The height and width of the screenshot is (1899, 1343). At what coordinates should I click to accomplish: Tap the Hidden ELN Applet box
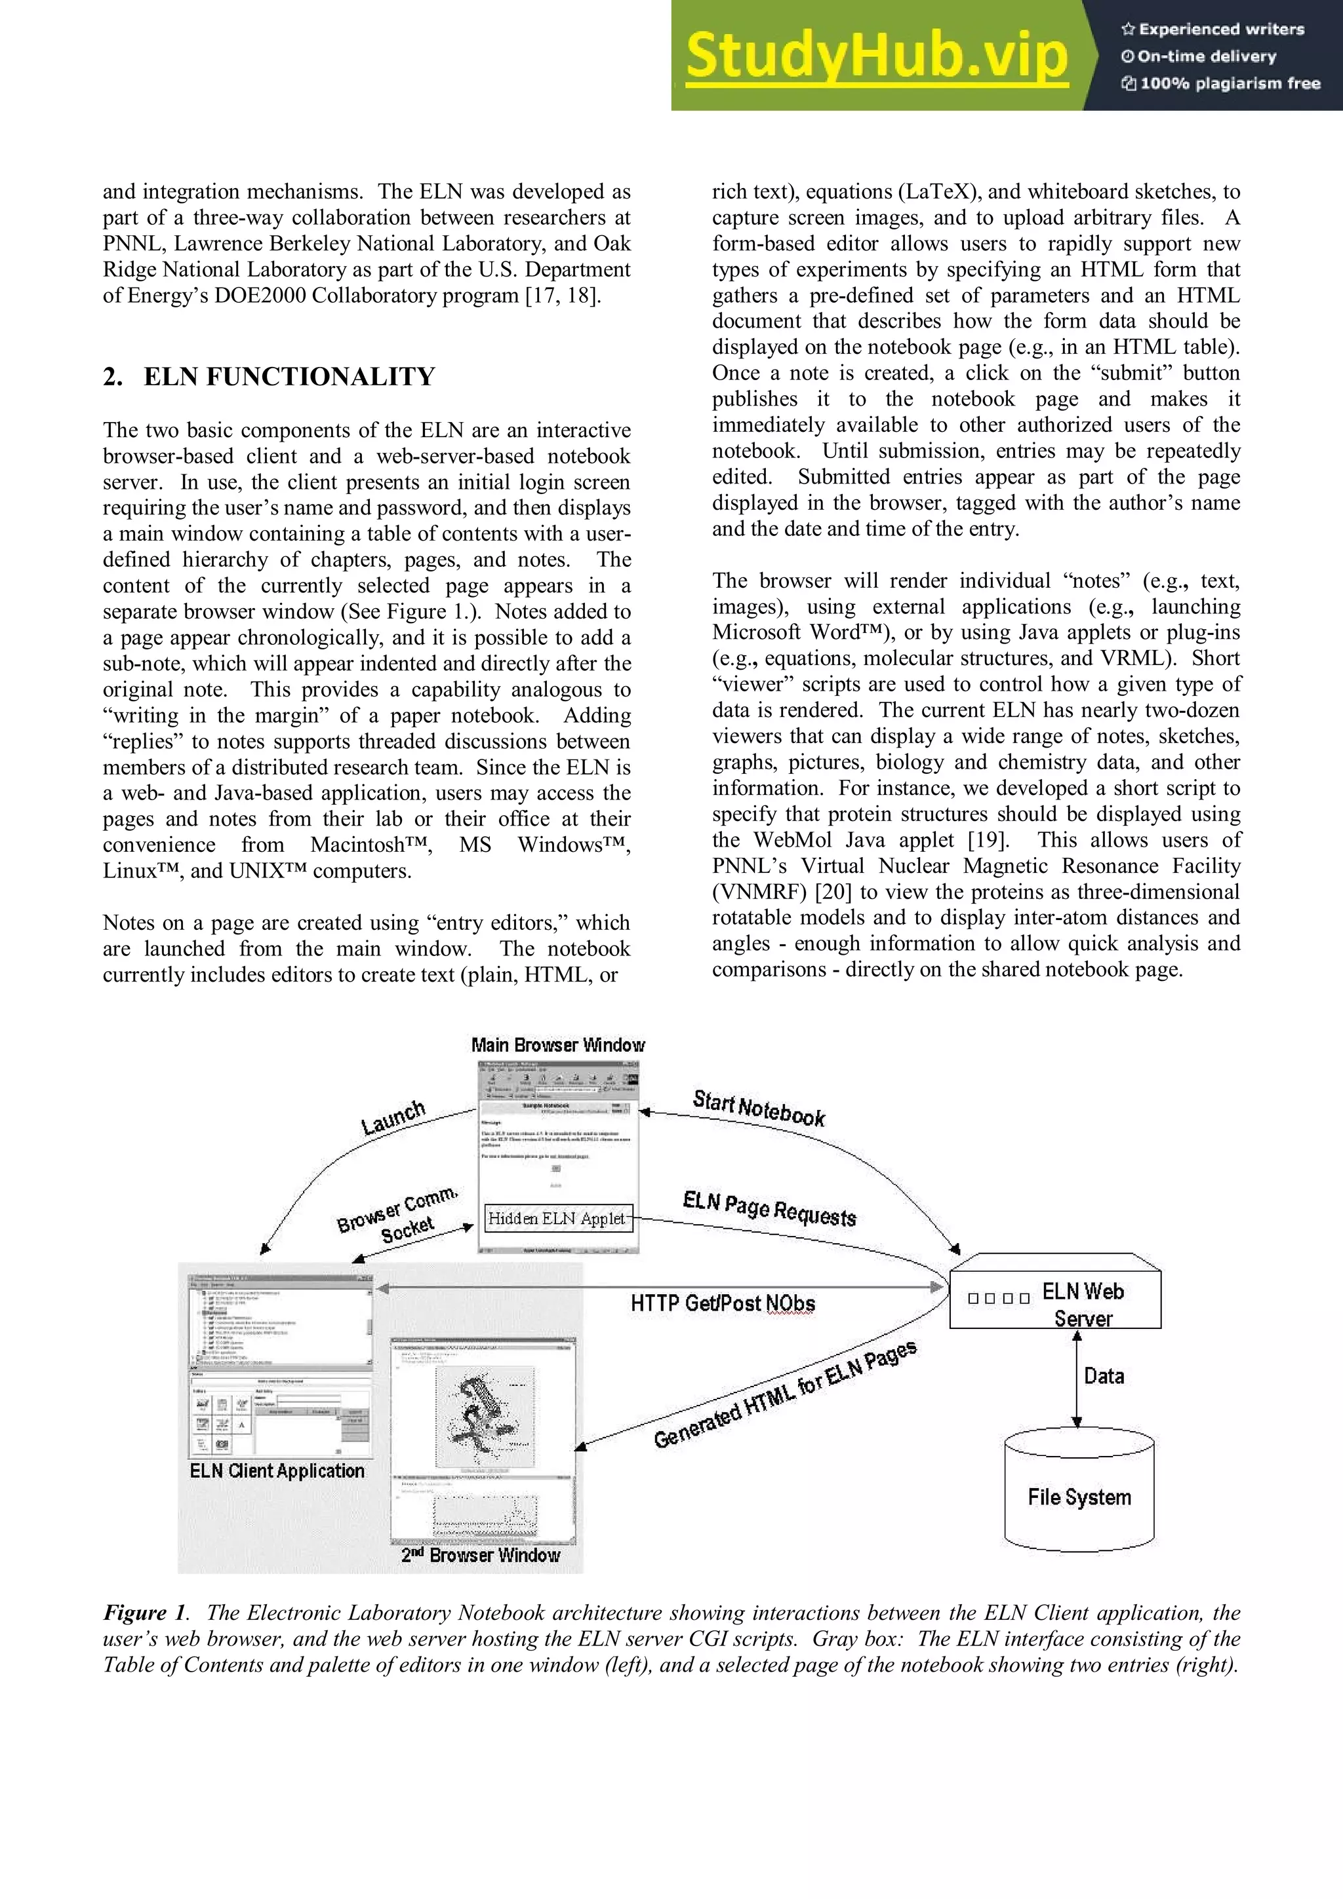point(557,1218)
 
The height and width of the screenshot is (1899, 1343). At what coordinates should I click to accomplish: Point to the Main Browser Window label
point(557,1045)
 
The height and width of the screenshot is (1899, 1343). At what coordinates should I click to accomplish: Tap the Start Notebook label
point(759,1108)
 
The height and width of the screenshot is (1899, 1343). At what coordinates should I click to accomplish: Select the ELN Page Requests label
point(769,1208)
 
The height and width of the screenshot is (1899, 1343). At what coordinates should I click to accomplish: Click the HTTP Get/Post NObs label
point(723,1303)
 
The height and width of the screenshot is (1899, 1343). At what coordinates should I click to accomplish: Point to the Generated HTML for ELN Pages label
point(784,1395)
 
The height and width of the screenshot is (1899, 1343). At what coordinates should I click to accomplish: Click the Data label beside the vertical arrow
point(1104,1376)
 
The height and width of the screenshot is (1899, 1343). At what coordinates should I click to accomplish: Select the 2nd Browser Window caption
point(481,1555)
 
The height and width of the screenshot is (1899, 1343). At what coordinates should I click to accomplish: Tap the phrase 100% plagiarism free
point(1230,83)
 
